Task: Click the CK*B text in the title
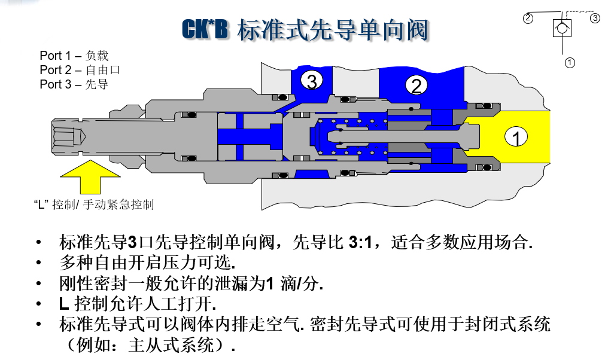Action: (205, 30)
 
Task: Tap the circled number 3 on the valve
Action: (311, 80)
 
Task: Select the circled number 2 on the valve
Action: (417, 85)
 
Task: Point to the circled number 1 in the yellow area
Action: (516, 138)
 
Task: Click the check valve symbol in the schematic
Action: (562, 27)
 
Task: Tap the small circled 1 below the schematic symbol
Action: (570, 62)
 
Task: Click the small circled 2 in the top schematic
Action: (528, 18)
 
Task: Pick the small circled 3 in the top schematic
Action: (595, 18)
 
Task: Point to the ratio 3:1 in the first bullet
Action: (360, 243)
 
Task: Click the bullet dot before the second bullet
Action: (39, 263)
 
